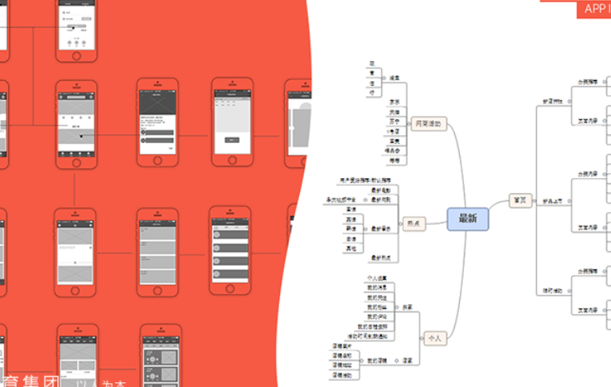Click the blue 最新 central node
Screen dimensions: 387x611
(467, 219)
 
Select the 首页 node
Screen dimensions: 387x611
(520, 202)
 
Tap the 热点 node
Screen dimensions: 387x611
(413, 224)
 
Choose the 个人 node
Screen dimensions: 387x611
(433, 338)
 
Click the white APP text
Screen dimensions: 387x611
(594, 9)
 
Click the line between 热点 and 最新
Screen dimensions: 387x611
(435, 223)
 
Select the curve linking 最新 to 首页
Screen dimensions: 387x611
(499, 209)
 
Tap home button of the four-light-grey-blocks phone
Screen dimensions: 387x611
(158, 288)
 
